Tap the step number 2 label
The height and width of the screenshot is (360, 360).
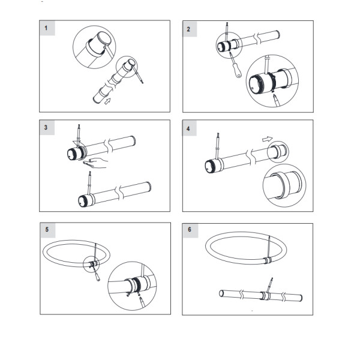(x=190, y=28)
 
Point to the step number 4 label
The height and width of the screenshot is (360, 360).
(x=190, y=127)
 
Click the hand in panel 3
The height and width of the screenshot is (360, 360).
(x=96, y=162)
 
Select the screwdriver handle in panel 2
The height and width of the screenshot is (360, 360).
(x=238, y=71)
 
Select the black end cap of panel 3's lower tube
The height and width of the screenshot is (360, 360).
(x=83, y=201)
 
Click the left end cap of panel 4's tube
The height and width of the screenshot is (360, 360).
(x=211, y=166)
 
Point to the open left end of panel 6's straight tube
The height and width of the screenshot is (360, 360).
(x=220, y=293)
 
